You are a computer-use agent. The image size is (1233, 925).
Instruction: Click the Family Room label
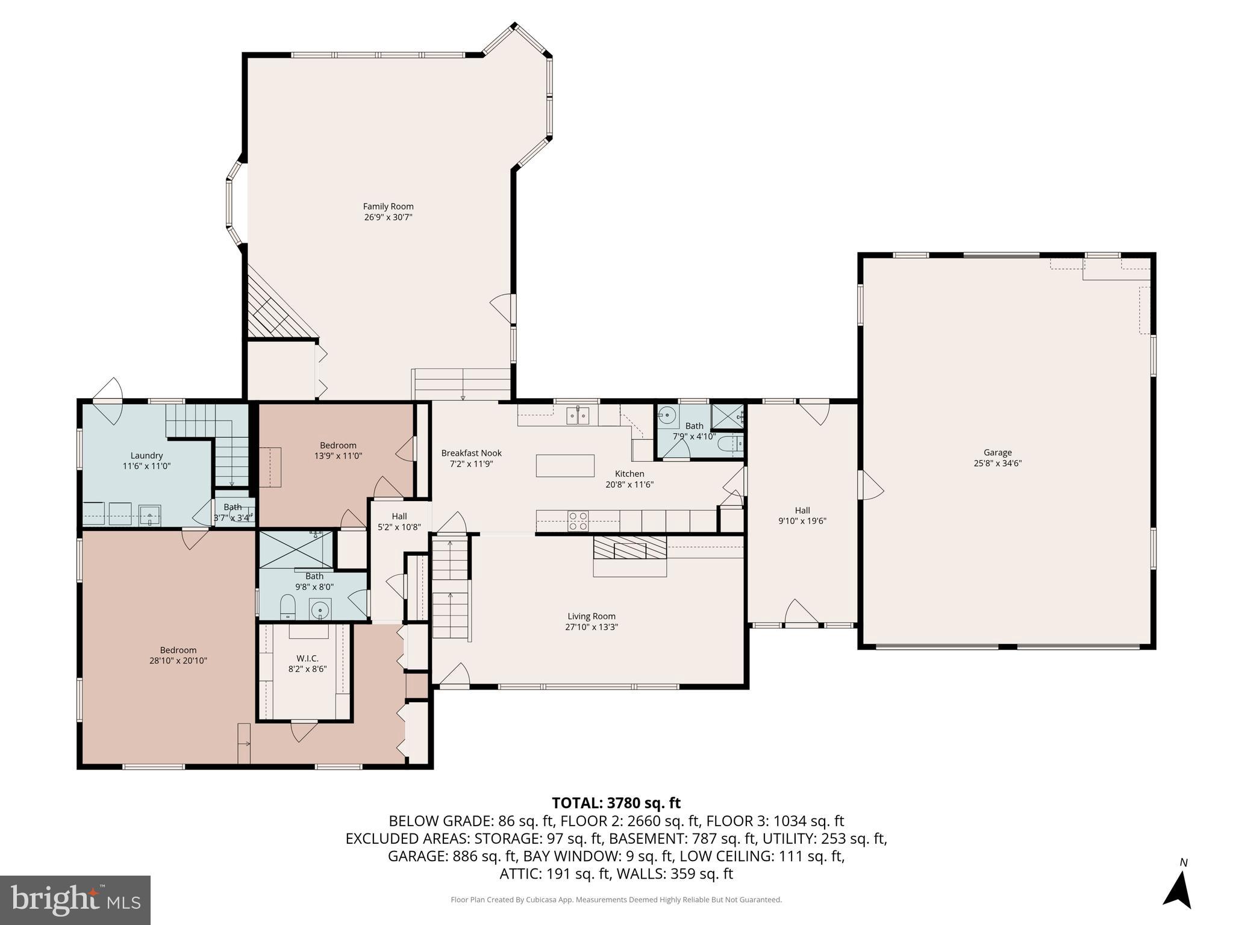click(388, 207)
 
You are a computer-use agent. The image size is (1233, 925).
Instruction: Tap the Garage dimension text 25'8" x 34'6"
click(997, 463)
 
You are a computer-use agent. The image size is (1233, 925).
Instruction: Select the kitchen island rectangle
click(564, 466)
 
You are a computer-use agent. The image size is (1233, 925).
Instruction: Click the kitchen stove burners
click(578, 520)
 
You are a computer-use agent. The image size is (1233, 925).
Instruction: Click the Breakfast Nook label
click(471, 453)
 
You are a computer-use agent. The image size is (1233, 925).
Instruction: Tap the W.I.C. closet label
click(307, 658)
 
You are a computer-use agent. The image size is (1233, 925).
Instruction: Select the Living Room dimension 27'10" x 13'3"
click(591, 627)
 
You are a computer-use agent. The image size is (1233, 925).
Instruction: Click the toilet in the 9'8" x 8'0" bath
click(288, 607)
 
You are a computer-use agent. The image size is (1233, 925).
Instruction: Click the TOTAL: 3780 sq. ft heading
click(616, 803)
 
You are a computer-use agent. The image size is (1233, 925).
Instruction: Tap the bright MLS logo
click(75, 900)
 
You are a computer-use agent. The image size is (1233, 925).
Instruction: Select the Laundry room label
click(146, 455)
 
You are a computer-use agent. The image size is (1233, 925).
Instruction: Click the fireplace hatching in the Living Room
click(629, 547)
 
